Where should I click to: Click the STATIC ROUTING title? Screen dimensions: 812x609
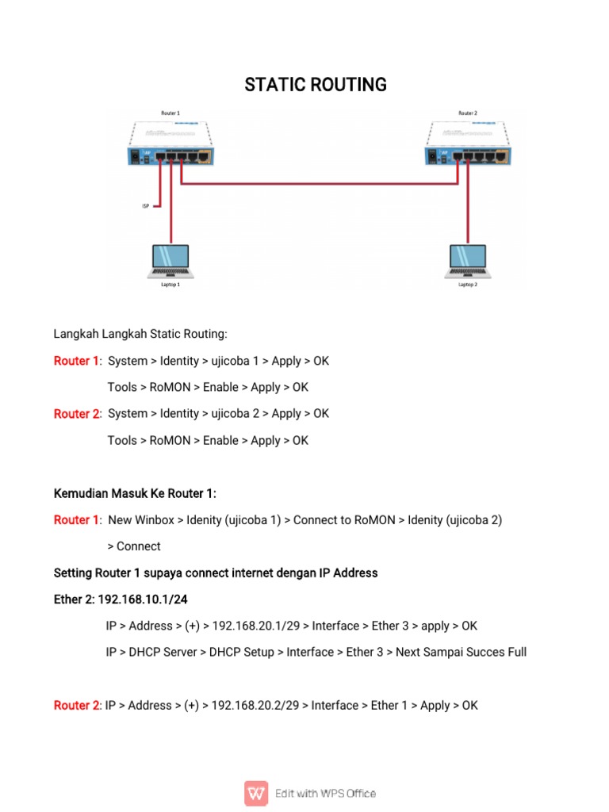coord(316,85)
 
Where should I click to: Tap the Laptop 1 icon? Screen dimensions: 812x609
coord(170,262)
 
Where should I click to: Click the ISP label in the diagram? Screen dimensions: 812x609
coord(145,206)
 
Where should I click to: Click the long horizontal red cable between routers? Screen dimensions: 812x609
coord(317,185)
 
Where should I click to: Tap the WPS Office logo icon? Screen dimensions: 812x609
coord(256,793)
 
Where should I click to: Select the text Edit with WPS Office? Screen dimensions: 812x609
coord(325,793)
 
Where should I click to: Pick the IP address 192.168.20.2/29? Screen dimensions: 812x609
coord(255,705)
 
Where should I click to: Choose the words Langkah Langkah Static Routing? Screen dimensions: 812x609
coord(140,334)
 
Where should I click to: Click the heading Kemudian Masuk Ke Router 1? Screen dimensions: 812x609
coord(135,493)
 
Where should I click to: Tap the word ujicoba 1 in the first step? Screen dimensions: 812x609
coord(233,361)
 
